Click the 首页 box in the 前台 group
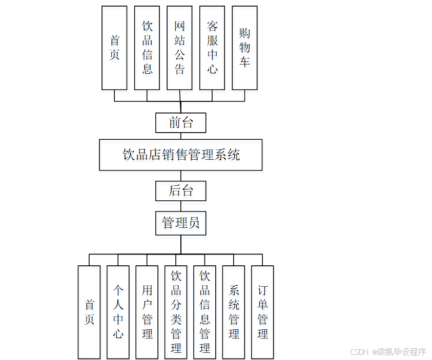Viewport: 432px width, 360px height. [x=114, y=48]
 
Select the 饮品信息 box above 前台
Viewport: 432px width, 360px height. [x=147, y=48]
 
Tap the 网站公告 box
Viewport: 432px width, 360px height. [x=179, y=48]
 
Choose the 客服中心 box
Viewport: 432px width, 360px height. [x=212, y=48]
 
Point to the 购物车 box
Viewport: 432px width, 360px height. [x=244, y=48]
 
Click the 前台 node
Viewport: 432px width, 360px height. [x=181, y=123]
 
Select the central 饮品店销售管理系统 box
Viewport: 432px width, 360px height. [x=181, y=155]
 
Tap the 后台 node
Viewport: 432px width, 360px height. [x=181, y=191]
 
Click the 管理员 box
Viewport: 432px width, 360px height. [x=181, y=223]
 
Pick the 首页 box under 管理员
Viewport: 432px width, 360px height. [x=89, y=312]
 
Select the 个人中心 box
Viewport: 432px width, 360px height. [x=118, y=312]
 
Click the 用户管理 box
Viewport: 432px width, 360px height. [x=147, y=312]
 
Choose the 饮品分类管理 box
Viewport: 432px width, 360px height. [x=176, y=312]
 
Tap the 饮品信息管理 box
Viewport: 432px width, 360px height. [x=204, y=312]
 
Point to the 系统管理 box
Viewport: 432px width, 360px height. [x=234, y=312]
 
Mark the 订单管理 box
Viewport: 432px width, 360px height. [x=262, y=312]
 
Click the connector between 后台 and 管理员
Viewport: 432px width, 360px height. [x=181, y=206]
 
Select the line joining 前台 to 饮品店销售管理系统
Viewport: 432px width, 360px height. [x=181, y=136]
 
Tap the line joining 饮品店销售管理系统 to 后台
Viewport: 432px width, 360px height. [x=181, y=176]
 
